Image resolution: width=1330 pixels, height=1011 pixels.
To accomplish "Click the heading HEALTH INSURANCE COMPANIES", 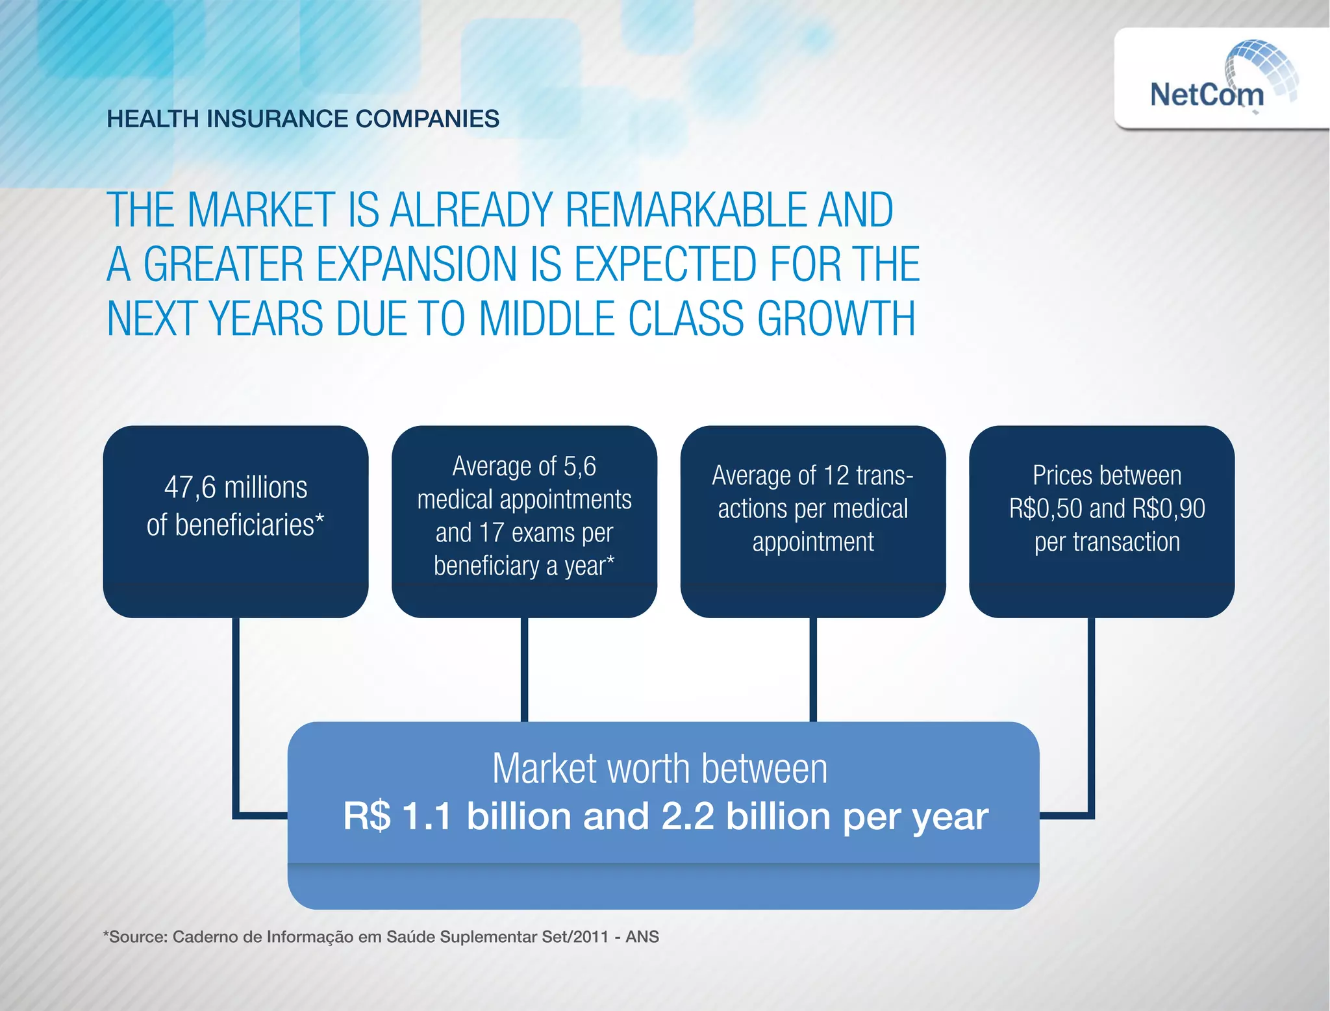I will pyautogui.click(x=303, y=119).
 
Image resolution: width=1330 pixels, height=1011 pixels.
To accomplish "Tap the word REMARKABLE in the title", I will pyautogui.click(x=686, y=210).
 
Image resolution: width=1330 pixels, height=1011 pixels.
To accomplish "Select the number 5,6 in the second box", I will pyautogui.click(x=579, y=466).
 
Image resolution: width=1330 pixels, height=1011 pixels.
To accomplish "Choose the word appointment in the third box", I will pyautogui.click(x=813, y=542).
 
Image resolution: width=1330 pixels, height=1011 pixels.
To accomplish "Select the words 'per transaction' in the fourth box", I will pyautogui.click(x=1107, y=542).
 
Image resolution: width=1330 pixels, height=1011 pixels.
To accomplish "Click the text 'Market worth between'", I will pyautogui.click(x=660, y=769).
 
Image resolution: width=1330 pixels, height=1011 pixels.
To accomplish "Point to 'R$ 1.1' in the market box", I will pyautogui.click(x=397, y=817).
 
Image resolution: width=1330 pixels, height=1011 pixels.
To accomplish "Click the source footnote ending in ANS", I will pyautogui.click(x=381, y=937).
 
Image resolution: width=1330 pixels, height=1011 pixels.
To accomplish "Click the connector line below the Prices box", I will pyautogui.click(x=1091, y=714).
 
